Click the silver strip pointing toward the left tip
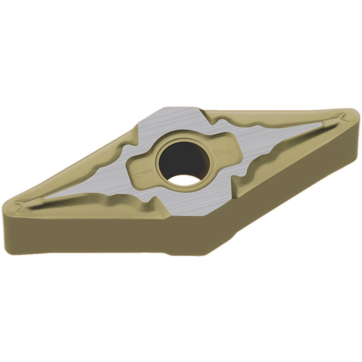[80, 192]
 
